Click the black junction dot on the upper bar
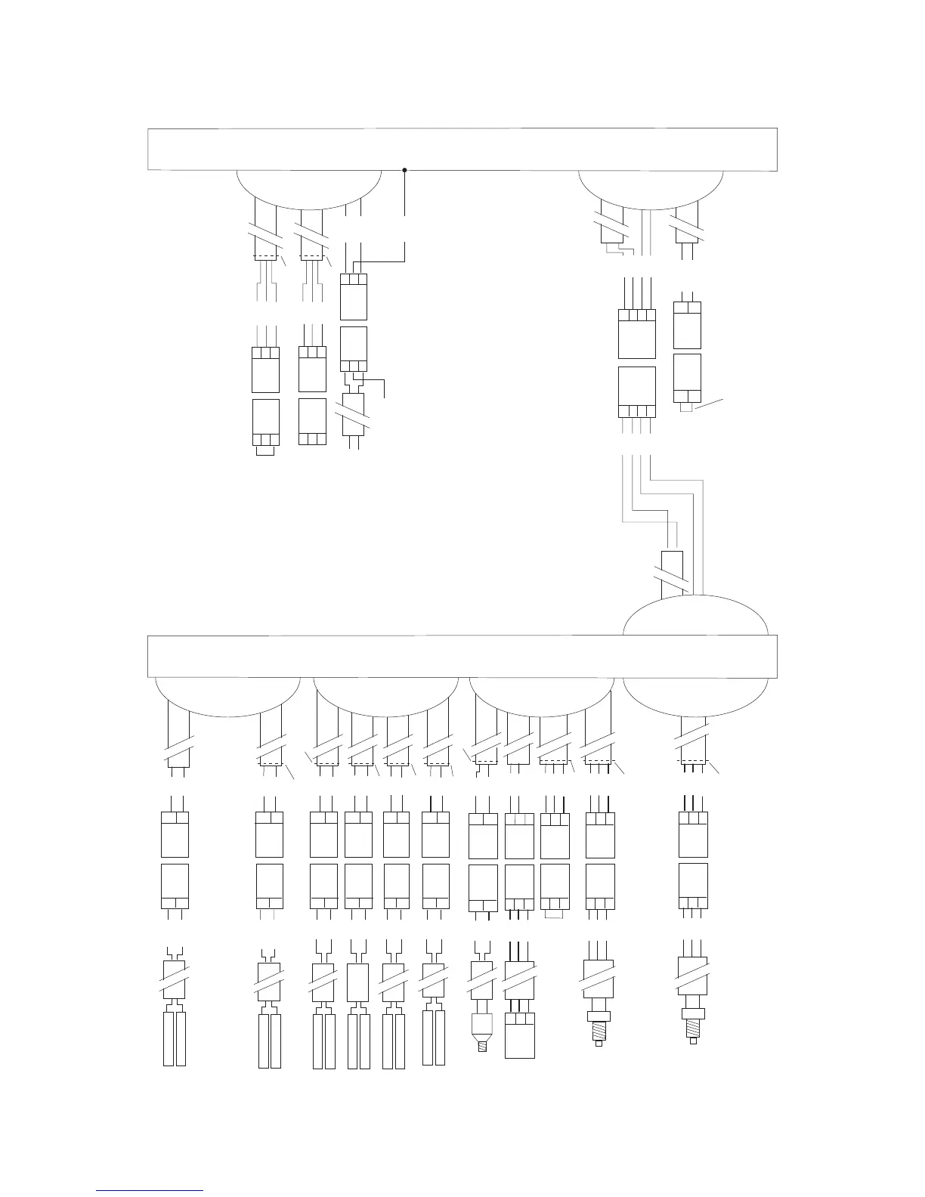click(x=405, y=169)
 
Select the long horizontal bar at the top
click(x=462, y=148)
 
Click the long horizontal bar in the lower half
click(x=461, y=655)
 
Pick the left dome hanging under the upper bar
click(x=308, y=186)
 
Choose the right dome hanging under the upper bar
click(x=650, y=186)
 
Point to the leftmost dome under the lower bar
click(x=227, y=691)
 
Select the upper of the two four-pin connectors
click(x=636, y=333)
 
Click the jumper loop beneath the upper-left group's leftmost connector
click(x=265, y=451)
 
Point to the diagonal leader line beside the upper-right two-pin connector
click(x=709, y=402)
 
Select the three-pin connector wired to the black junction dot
click(x=354, y=296)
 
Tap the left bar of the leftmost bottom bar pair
click(x=169, y=1038)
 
